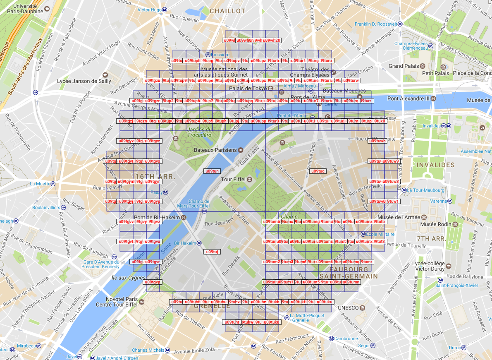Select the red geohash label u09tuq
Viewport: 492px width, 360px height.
[318, 171]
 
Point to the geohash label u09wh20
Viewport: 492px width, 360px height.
[272, 41]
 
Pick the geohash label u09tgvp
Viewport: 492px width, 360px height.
[152, 282]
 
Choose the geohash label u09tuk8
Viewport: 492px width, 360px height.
[272, 322]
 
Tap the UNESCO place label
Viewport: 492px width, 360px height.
[346, 308]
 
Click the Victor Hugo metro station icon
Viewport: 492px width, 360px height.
[165, 10]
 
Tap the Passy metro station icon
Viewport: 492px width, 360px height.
[165, 192]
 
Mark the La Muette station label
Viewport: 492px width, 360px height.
[40, 184]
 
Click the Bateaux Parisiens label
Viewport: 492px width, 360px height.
[215, 150]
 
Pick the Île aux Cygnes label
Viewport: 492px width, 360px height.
[128, 278]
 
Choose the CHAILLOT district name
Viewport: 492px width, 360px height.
[227, 11]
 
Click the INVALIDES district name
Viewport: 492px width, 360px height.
[435, 165]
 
